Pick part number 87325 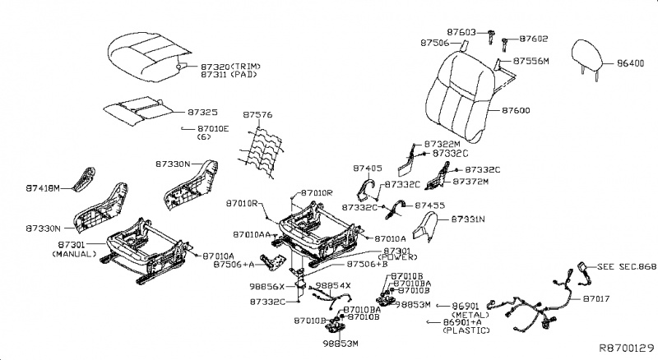point(202,110)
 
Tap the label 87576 point(260,114)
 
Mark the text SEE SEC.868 point(626,267)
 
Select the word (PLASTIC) point(466,330)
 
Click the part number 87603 point(461,31)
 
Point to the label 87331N point(468,220)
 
